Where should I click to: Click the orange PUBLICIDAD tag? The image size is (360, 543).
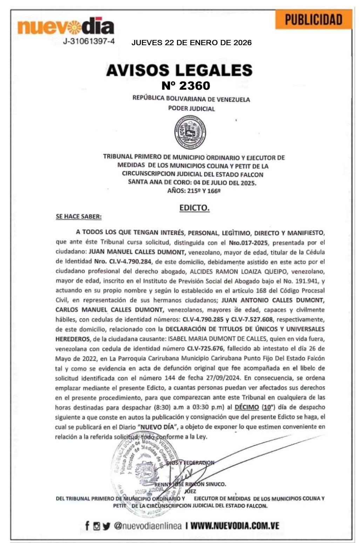pos(313,20)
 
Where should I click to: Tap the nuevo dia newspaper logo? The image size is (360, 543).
pos(66,27)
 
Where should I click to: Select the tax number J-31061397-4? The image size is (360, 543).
pos(89,41)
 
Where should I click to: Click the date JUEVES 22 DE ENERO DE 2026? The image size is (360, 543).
pos(191,43)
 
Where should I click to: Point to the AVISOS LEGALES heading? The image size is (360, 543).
pos(179,70)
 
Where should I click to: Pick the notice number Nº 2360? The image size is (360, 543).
pos(186,85)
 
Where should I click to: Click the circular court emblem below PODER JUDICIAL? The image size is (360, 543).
pos(190,132)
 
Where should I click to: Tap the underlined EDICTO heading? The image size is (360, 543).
pos(194,208)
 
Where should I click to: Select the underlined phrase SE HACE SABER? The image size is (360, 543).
pos(79,216)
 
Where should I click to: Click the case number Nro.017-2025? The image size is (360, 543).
pos(249,242)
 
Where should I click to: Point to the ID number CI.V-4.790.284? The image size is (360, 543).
pos(123,261)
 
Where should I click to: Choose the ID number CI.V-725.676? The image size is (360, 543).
pos(205,349)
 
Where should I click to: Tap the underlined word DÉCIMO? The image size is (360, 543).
pos(247,407)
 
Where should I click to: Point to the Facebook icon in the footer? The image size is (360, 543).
pos(87,525)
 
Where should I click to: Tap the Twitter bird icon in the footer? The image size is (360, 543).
pos(107,526)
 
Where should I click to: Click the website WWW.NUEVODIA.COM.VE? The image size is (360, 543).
pos(235,525)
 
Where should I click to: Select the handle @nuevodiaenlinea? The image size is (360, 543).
pos(148,525)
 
